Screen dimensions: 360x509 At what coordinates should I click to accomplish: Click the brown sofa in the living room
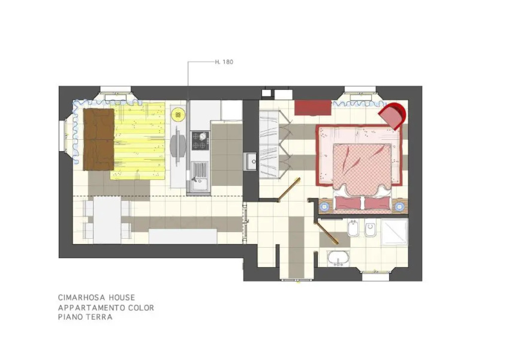click(99, 139)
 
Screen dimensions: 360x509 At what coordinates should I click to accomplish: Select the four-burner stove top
click(200, 141)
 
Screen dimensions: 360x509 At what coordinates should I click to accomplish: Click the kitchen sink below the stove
click(200, 173)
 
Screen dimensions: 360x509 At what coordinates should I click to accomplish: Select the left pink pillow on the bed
click(348, 203)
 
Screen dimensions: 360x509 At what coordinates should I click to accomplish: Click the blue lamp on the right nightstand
click(399, 206)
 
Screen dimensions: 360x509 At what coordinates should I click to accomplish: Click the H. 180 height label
click(224, 62)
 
